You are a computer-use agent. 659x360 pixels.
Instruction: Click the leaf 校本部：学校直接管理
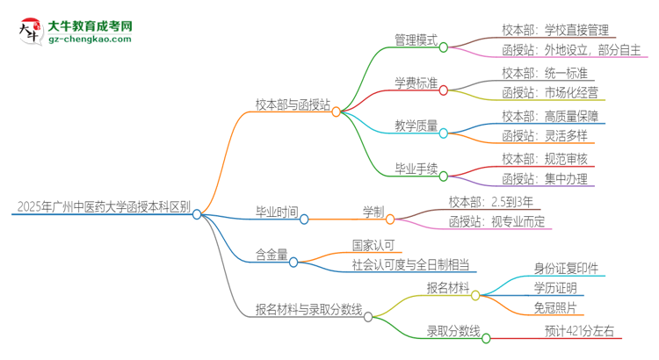(x=554, y=30)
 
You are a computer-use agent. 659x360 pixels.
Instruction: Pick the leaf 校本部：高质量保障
(x=549, y=115)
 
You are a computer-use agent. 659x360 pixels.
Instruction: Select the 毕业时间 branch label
(x=275, y=212)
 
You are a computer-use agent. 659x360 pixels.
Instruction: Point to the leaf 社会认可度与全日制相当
(x=398, y=264)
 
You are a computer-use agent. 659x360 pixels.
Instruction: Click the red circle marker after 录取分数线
(x=487, y=337)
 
